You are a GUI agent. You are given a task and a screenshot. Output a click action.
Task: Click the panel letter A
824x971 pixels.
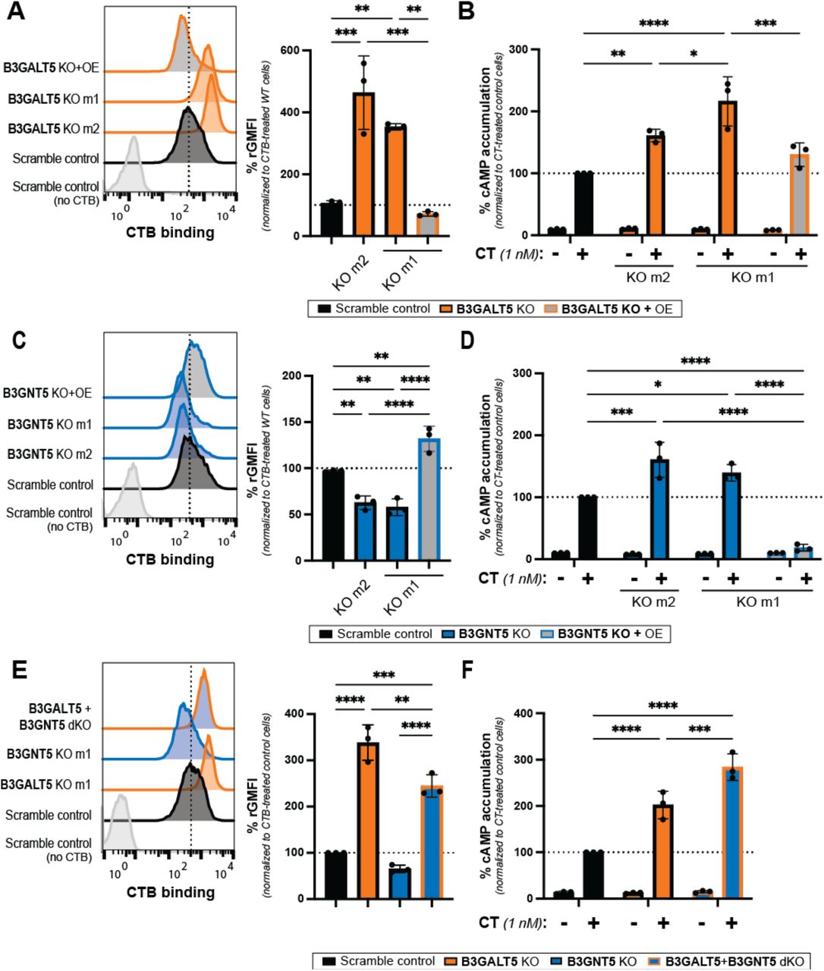(x=16, y=14)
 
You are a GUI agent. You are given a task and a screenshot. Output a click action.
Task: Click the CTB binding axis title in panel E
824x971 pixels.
(x=170, y=892)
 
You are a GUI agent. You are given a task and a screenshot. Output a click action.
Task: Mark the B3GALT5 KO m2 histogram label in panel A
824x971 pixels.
(x=53, y=129)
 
